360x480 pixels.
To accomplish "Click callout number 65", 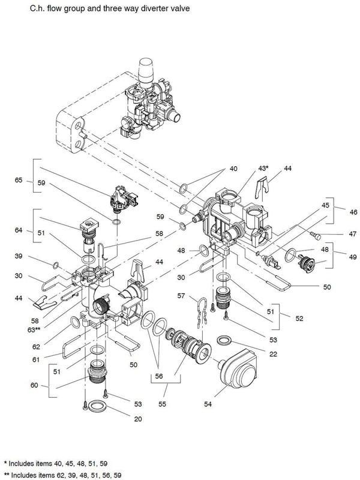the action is (19, 180).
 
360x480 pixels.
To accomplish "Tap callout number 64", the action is (19, 230).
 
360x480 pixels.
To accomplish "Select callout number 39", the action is (19, 256).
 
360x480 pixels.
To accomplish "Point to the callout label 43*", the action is (263, 168).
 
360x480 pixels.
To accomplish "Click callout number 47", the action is (353, 234).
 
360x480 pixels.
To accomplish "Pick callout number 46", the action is (353, 212).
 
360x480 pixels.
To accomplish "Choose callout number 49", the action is (353, 257).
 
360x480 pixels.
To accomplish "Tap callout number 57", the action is (181, 296).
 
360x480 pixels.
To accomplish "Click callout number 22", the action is (273, 354).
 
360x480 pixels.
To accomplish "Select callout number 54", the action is (208, 404).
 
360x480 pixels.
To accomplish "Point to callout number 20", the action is (138, 419).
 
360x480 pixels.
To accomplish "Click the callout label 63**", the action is (34, 329).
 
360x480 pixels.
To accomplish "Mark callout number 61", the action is (36, 359).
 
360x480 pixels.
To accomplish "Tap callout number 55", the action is (162, 404).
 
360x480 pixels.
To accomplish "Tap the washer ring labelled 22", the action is (224, 340).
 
